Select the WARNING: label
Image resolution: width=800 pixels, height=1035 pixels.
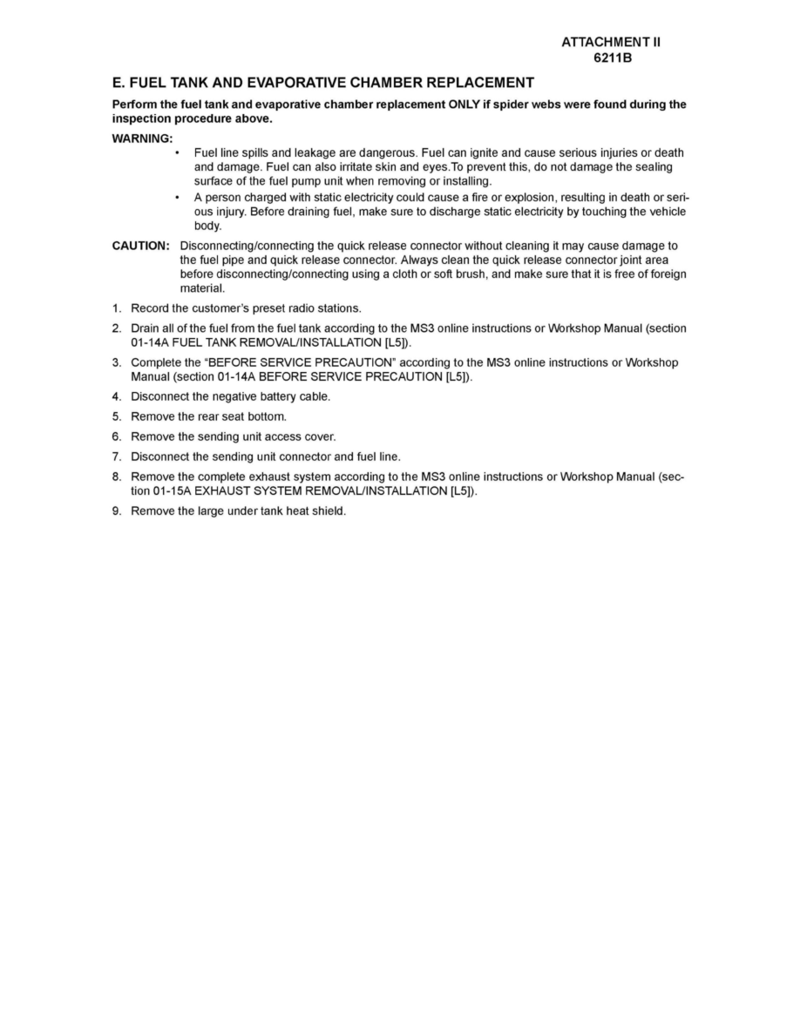pyautogui.click(x=142, y=139)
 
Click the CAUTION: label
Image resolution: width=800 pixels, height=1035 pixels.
pyautogui.click(x=140, y=246)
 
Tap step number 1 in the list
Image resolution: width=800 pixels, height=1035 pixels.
pyautogui.click(x=116, y=308)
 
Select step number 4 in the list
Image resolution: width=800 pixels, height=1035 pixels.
pyautogui.click(x=116, y=396)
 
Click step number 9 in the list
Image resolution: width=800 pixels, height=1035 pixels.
pyautogui.click(x=116, y=511)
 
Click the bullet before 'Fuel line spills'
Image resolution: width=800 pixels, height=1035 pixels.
pyautogui.click(x=179, y=153)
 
